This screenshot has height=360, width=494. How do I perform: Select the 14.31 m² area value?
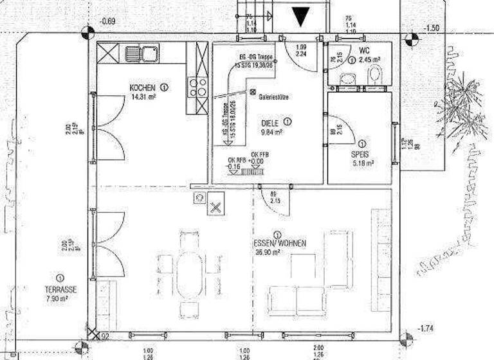point(143,98)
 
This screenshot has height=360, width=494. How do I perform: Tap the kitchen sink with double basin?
point(142,52)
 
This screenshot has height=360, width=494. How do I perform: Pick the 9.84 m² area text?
point(272,133)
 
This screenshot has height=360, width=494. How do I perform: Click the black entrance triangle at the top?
point(300,16)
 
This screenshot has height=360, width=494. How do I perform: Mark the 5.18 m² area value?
point(363,164)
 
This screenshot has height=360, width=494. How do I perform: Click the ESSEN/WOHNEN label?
point(276,244)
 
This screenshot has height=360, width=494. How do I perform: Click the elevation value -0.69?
point(108,22)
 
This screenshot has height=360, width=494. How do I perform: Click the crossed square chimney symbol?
point(216,208)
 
